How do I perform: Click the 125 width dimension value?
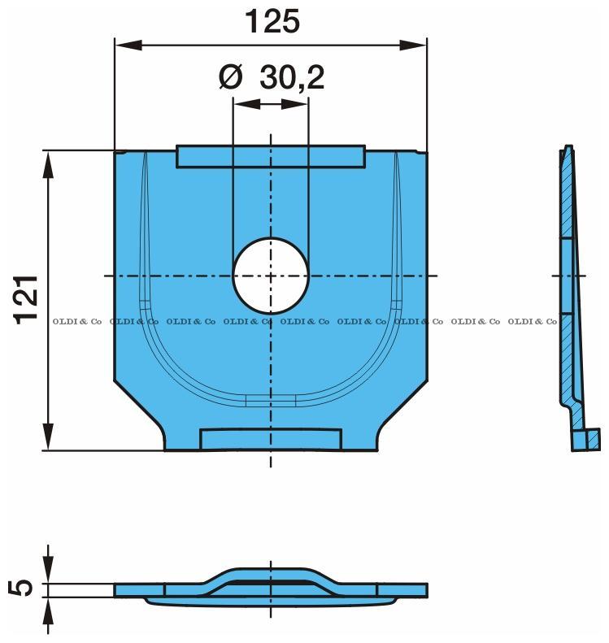272,22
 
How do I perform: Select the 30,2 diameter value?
292,78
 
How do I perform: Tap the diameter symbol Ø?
231,78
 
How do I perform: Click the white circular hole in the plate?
271,276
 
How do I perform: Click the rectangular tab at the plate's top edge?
271,156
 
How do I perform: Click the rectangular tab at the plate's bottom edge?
271,439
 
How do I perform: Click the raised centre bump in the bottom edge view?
271,573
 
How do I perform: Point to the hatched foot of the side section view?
585,440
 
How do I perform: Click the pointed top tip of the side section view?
567,149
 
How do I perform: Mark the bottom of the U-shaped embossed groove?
271,399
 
